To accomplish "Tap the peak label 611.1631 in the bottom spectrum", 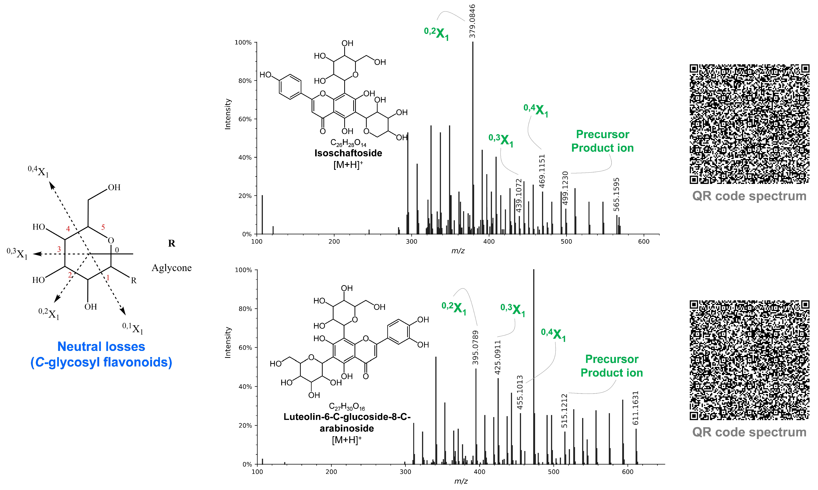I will point(635,408).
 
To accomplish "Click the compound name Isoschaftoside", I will point(348,153).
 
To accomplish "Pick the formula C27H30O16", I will point(347,406).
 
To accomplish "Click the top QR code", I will point(749,124).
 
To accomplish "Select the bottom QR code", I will point(749,360).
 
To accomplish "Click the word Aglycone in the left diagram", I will point(171,268).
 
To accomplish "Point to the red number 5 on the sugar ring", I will point(103,227).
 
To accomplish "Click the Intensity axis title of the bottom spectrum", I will point(228,342).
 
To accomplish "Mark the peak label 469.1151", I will point(542,171).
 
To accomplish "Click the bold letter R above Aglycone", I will point(171,243).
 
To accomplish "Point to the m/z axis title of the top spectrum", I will point(458,251).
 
